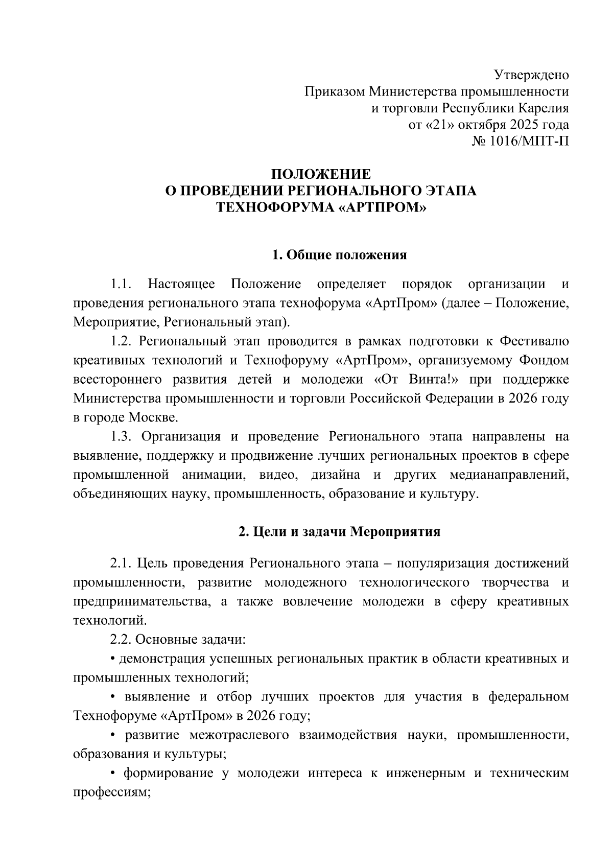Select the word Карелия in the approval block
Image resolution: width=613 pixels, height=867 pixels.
545,108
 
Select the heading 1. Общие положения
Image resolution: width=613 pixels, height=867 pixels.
340,254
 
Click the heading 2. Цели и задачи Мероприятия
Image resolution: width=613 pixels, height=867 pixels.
339,532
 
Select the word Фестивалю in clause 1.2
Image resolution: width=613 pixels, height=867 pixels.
534,341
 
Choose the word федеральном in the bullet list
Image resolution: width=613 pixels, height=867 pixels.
529,696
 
